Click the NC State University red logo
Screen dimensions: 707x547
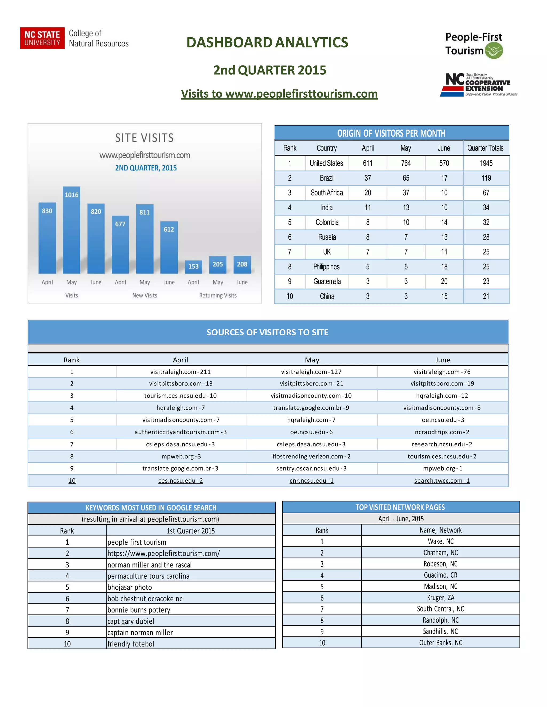(42, 38)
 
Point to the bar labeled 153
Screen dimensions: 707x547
(193, 267)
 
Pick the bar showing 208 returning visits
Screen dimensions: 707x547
(242, 265)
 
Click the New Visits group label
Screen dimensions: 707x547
(144, 295)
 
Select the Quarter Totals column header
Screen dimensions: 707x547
(485, 148)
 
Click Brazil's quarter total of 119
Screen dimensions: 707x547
(486, 178)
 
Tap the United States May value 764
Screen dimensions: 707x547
(406, 163)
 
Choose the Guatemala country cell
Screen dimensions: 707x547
(327, 281)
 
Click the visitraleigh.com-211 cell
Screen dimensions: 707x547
(181, 372)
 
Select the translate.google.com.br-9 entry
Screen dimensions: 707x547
(311, 408)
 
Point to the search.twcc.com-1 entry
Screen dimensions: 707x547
(442, 481)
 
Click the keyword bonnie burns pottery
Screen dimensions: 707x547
(139, 610)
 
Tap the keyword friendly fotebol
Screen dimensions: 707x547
(131, 644)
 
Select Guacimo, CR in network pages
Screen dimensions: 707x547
(440, 575)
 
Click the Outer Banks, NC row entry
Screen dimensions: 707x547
(440, 643)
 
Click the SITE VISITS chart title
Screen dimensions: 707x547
(144, 138)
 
